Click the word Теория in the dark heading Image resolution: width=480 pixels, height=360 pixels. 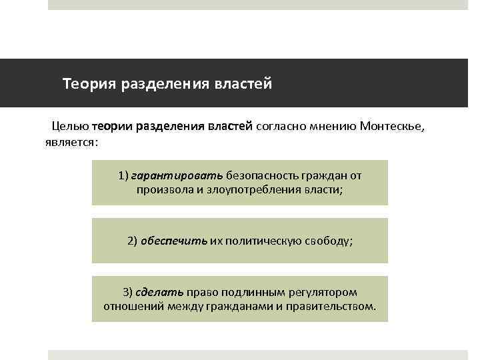click(89, 85)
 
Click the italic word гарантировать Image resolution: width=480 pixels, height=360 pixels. click(177, 176)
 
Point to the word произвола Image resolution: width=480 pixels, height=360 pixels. click(163, 190)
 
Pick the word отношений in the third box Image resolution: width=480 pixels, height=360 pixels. click(130, 306)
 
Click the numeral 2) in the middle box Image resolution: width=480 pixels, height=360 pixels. click(132, 241)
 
